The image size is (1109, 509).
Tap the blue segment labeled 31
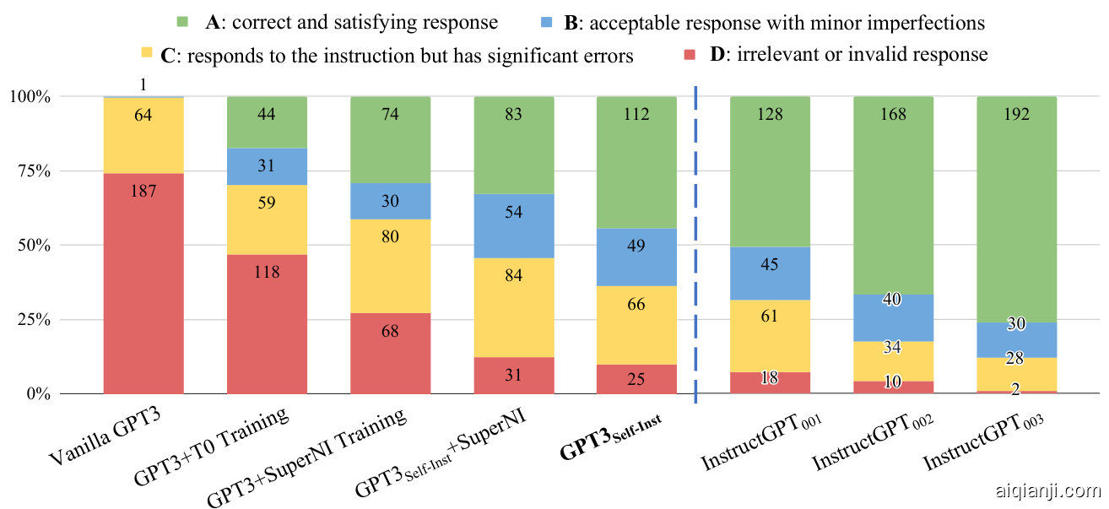click(x=267, y=166)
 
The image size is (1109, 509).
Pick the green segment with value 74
click(x=390, y=139)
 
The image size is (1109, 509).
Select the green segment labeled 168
click(x=893, y=195)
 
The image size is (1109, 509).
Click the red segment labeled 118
click(x=267, y=324)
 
